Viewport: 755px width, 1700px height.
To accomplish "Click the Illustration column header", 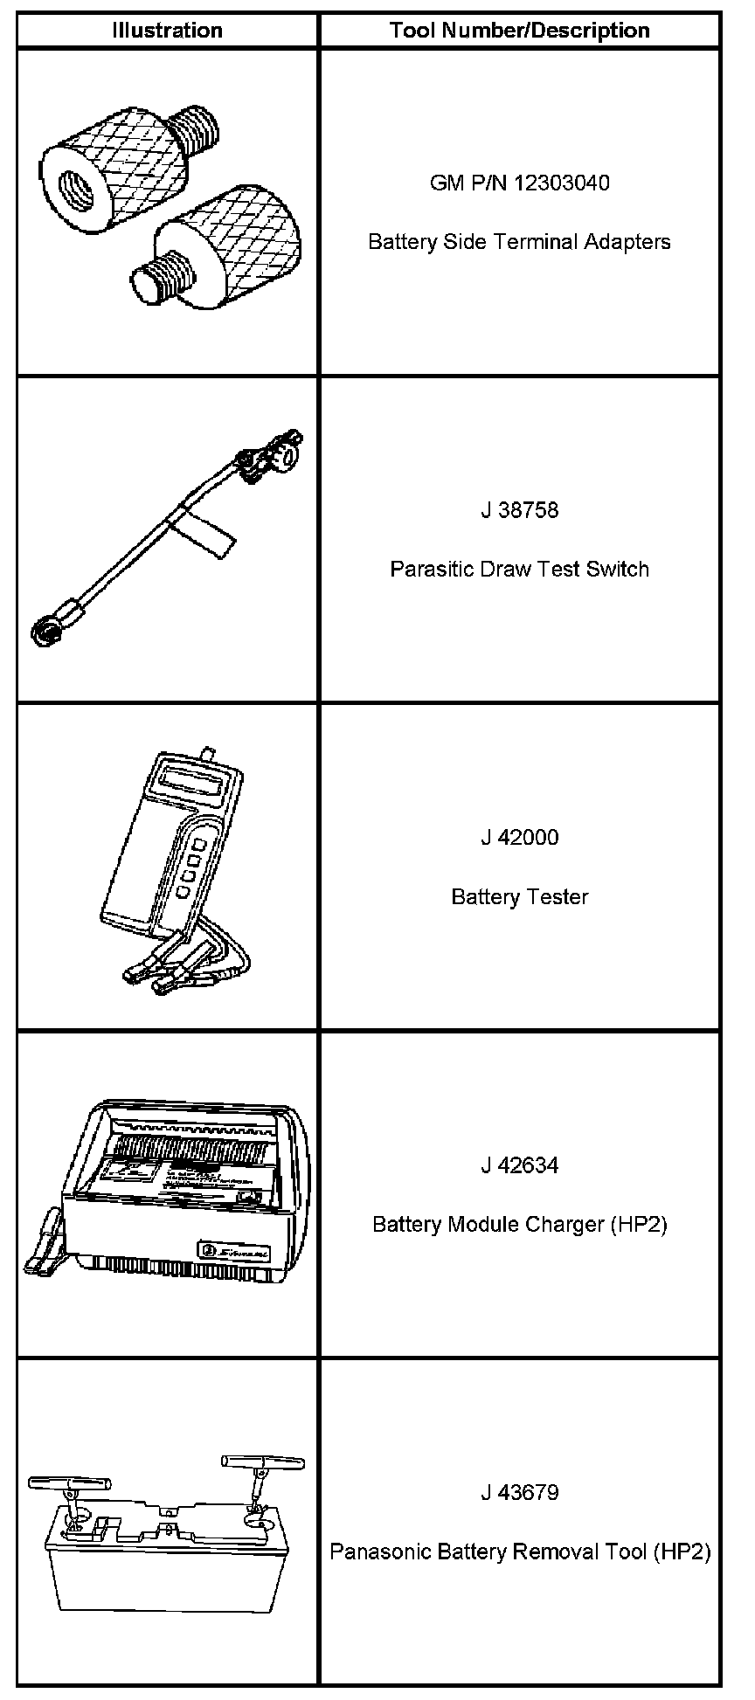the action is click(x=167, y=31).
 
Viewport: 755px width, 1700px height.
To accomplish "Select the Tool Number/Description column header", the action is click(x=519, y=31).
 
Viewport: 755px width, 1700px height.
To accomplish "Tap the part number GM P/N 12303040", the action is click(x=519, y=183).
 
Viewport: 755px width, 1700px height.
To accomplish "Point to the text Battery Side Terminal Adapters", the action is click(x=519, y=241).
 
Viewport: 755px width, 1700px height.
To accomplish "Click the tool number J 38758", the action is click(x=519, y=510).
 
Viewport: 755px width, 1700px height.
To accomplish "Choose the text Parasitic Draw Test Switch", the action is click(x=519, y=569).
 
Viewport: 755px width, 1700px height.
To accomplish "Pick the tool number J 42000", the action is click(x=519, y=838).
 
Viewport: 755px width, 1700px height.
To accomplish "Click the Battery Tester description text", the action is click(x=519, y=896).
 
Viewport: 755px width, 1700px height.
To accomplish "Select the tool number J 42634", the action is click(x=519, y=1165).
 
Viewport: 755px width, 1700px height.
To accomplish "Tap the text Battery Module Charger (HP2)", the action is click(x=519, y=1224).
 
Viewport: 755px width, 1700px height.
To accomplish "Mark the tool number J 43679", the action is click(x=519, y=1492).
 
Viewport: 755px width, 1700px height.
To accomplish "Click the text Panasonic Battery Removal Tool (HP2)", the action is click(x=519, y=1551).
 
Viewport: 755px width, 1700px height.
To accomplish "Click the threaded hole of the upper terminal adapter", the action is click(x=72, y=185).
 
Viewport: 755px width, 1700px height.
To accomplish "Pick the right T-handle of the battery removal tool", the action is click(x=262, y=1462).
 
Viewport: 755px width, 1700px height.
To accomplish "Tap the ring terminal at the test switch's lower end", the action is click(x=43, y=630).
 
